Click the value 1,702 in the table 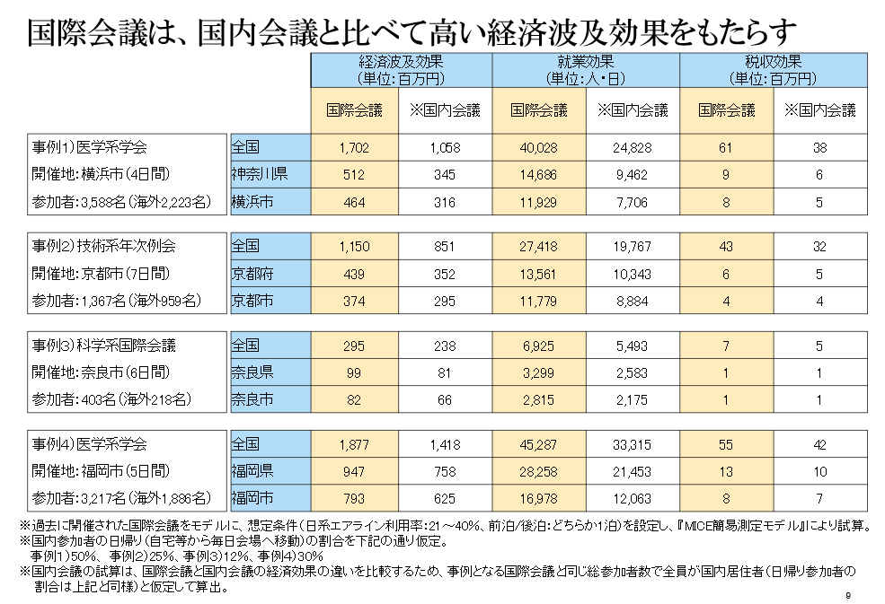coord(355,146)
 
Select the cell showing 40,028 coord(539,146)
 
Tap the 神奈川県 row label coord(260,173)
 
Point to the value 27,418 coord(539,245)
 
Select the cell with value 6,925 coord(539,344)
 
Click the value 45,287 coord(539,442)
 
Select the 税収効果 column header coord(772,63)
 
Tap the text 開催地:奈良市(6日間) coord(101,371)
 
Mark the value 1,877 coord(355,442)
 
